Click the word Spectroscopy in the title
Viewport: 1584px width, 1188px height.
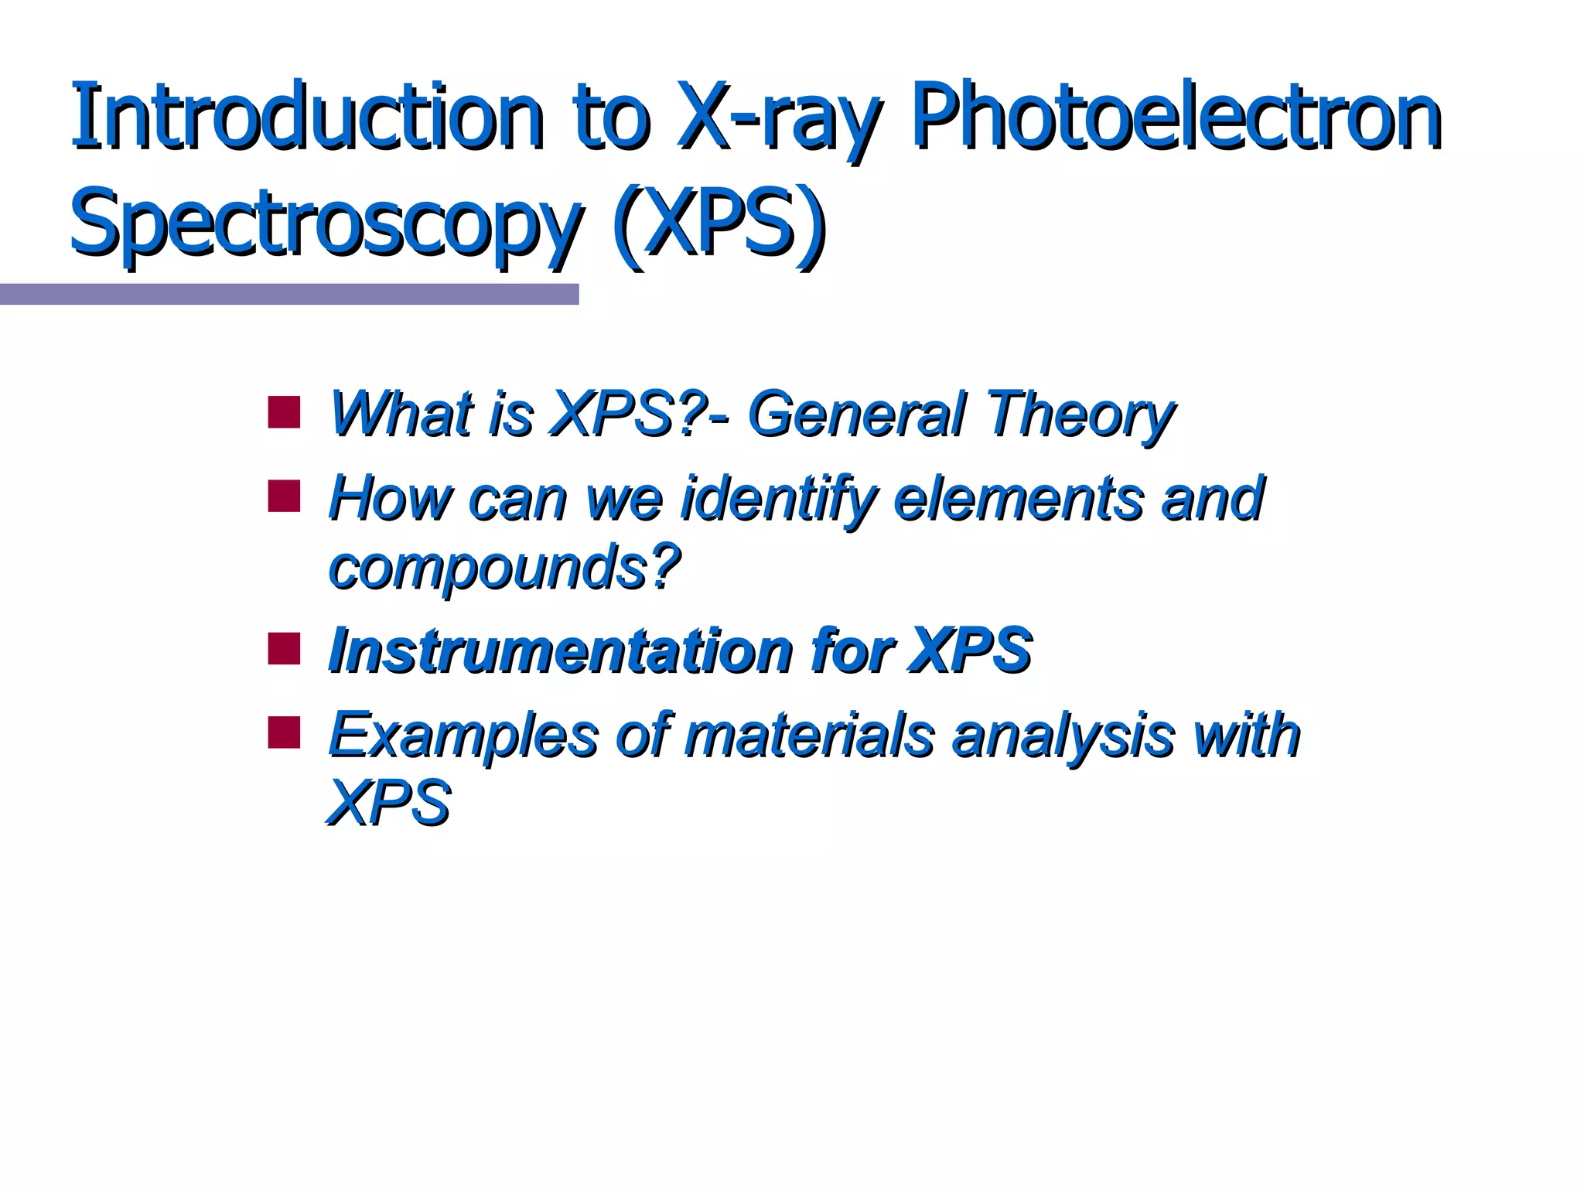(x=325, y=224)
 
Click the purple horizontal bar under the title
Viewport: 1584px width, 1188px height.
(x=289, y=294)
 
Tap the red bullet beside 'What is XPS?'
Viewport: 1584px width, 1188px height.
(x=284, y=412)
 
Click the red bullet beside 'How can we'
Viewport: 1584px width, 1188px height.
(x=284, y=497)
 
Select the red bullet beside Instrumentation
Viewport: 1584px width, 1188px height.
(x=284, y=649)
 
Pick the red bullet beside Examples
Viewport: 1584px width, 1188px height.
(x=284, y=732)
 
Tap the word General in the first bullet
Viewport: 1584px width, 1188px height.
(x=858, y=415)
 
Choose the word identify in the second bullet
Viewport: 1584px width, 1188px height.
(x=777, y=500)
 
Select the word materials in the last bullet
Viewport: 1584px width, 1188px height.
(x=809, y=734)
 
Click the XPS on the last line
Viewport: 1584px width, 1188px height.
(x=389, y=803)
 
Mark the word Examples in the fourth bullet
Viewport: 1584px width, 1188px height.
(x=463, y=736)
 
